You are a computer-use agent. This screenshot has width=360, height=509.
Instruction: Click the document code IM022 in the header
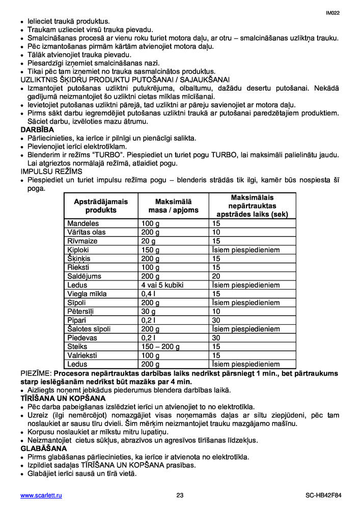[x=333, y=13]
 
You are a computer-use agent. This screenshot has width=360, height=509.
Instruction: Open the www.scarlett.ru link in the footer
[x=41, y=495]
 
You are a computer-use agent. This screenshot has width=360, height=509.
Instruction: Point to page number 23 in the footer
[x=180, y=495]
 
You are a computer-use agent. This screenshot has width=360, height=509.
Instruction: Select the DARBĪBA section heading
[x=37, y=130]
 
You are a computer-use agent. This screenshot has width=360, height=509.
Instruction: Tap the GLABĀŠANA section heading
[x=44, y=448]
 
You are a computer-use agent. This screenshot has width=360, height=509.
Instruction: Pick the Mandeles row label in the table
[x=83, y=223]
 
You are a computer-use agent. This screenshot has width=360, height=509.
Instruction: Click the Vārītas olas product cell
[x=87, y=232]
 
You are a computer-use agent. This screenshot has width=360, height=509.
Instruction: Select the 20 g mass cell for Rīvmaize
[x=149, y=241]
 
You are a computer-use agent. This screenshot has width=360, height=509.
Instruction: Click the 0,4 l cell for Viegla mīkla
[x=148, y=294]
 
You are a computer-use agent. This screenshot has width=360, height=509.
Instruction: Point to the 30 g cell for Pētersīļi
[x=149, y=312]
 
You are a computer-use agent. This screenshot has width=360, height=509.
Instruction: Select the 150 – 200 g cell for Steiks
[x=160, y=347]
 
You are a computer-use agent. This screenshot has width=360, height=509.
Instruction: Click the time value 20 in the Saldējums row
[x=216, y=276]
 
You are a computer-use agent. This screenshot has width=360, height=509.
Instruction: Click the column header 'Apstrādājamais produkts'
[x=101, y=206]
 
